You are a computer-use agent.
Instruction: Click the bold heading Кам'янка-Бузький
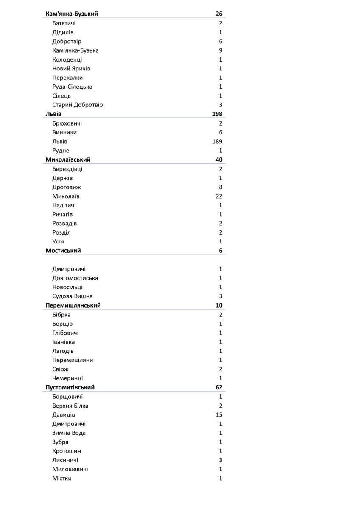tap(72, 14)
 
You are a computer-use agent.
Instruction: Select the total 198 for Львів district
tap(217, 114)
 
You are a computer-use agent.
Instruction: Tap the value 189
tap(217, 142)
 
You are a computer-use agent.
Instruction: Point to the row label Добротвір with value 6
tap(67, 42)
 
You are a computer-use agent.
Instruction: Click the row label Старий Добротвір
tap(77, 105)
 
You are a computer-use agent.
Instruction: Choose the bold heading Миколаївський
tap(68, 160)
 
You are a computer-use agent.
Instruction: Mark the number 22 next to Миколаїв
tap(219, 196)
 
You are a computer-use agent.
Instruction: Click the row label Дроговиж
tap(67, 187)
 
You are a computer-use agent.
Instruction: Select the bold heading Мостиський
tap(63, 251)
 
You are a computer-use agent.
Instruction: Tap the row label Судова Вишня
tap(72, 296)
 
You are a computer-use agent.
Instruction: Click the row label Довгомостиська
tap(75, 278)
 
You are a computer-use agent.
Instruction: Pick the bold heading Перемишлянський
tap(73, 305)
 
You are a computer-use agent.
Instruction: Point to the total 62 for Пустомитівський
tap(219, 387)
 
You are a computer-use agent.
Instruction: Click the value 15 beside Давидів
tap(219, 415)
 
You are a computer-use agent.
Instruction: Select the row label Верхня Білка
tap(70, 406)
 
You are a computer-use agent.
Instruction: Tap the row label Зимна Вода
tap(69, 433)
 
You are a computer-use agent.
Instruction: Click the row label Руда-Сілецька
tap(72, 87)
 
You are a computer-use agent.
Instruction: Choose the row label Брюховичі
tap(67, 123)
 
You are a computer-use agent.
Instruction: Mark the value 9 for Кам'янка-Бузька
tap(220, 50)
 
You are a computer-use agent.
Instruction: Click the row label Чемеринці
tap(67, 378)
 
